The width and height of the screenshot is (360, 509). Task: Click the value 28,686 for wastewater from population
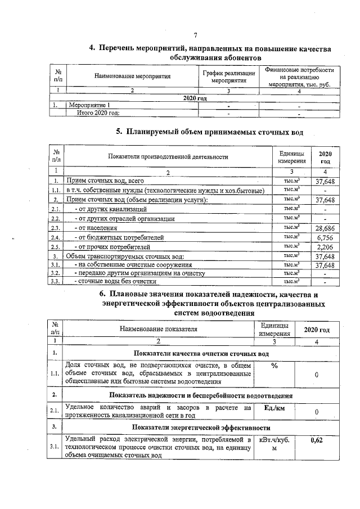pos(325,228)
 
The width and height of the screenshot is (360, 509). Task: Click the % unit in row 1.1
pos(274,366)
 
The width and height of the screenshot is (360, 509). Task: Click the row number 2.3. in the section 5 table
pos(56,228)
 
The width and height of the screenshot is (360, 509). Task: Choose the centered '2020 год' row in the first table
pos(195,98)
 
